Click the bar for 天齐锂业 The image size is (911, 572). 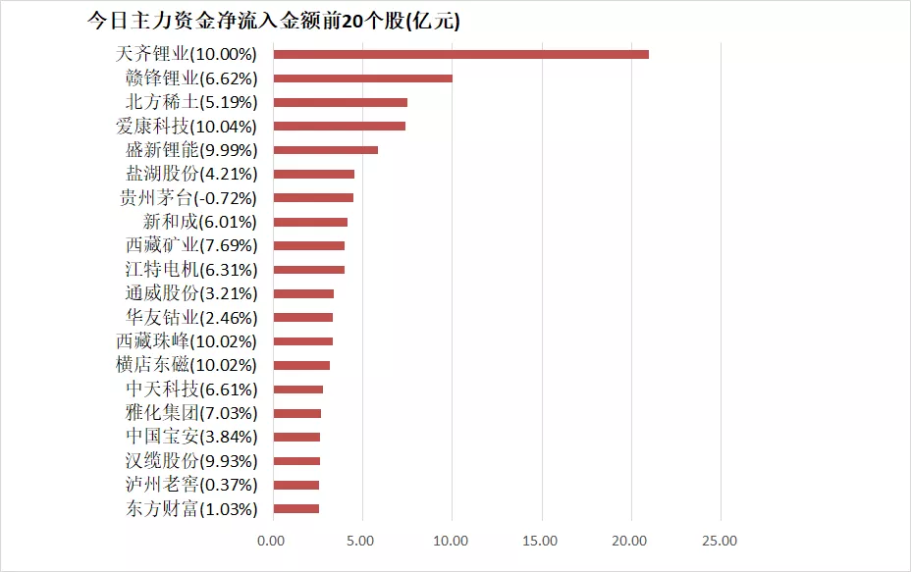(460, 54)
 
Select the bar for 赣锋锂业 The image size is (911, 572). (362, 78)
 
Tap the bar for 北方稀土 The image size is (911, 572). (340, 102)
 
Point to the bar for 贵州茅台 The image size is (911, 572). (313, 197)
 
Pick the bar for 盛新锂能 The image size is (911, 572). (325, 150)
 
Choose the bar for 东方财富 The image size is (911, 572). (295, 508)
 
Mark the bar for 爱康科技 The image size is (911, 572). (339, 126)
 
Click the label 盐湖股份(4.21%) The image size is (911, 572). (191, 174)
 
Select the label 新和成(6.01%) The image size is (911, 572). (200, 222)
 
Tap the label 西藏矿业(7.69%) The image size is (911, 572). (191, 245)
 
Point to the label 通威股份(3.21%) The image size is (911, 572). (191, 293)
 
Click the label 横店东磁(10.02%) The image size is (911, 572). (187, 365)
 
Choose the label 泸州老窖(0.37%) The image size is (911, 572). (191, 485)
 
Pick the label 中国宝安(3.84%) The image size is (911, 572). (191, 437)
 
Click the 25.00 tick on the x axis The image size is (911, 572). (721, 541)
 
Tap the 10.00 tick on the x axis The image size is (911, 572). (451, 541)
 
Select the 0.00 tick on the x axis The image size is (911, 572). (272, 541)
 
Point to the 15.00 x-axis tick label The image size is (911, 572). (541, 541)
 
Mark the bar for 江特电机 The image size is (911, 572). (308, 269)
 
